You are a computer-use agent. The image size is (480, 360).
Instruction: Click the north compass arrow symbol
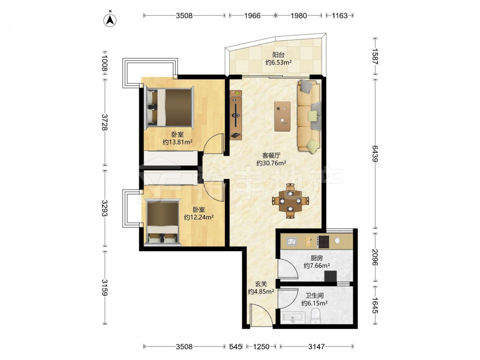110,19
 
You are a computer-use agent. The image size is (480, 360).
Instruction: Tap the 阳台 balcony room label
278,55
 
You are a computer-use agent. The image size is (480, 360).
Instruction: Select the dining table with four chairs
290,201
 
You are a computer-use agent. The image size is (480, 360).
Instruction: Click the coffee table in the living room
282,116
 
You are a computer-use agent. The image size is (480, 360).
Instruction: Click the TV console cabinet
236,115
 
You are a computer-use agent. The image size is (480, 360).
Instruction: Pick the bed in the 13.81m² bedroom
169,107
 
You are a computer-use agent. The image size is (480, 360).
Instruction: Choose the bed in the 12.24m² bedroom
162,222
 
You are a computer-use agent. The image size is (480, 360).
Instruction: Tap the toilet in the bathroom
315,316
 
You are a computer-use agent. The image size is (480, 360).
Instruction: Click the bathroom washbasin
293,318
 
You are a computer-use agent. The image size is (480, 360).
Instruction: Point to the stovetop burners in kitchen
323,241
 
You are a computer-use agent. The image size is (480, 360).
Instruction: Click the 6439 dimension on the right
375,154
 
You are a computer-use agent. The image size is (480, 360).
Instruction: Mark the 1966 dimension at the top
252,15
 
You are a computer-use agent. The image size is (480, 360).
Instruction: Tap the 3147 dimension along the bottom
316,347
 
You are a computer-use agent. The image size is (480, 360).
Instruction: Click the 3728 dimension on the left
105,122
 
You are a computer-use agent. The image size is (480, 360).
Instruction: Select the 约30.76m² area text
271,163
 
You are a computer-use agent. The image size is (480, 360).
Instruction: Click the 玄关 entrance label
261,284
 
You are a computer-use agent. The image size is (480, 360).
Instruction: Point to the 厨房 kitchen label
316,258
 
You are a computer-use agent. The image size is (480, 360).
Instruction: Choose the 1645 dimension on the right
375,305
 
